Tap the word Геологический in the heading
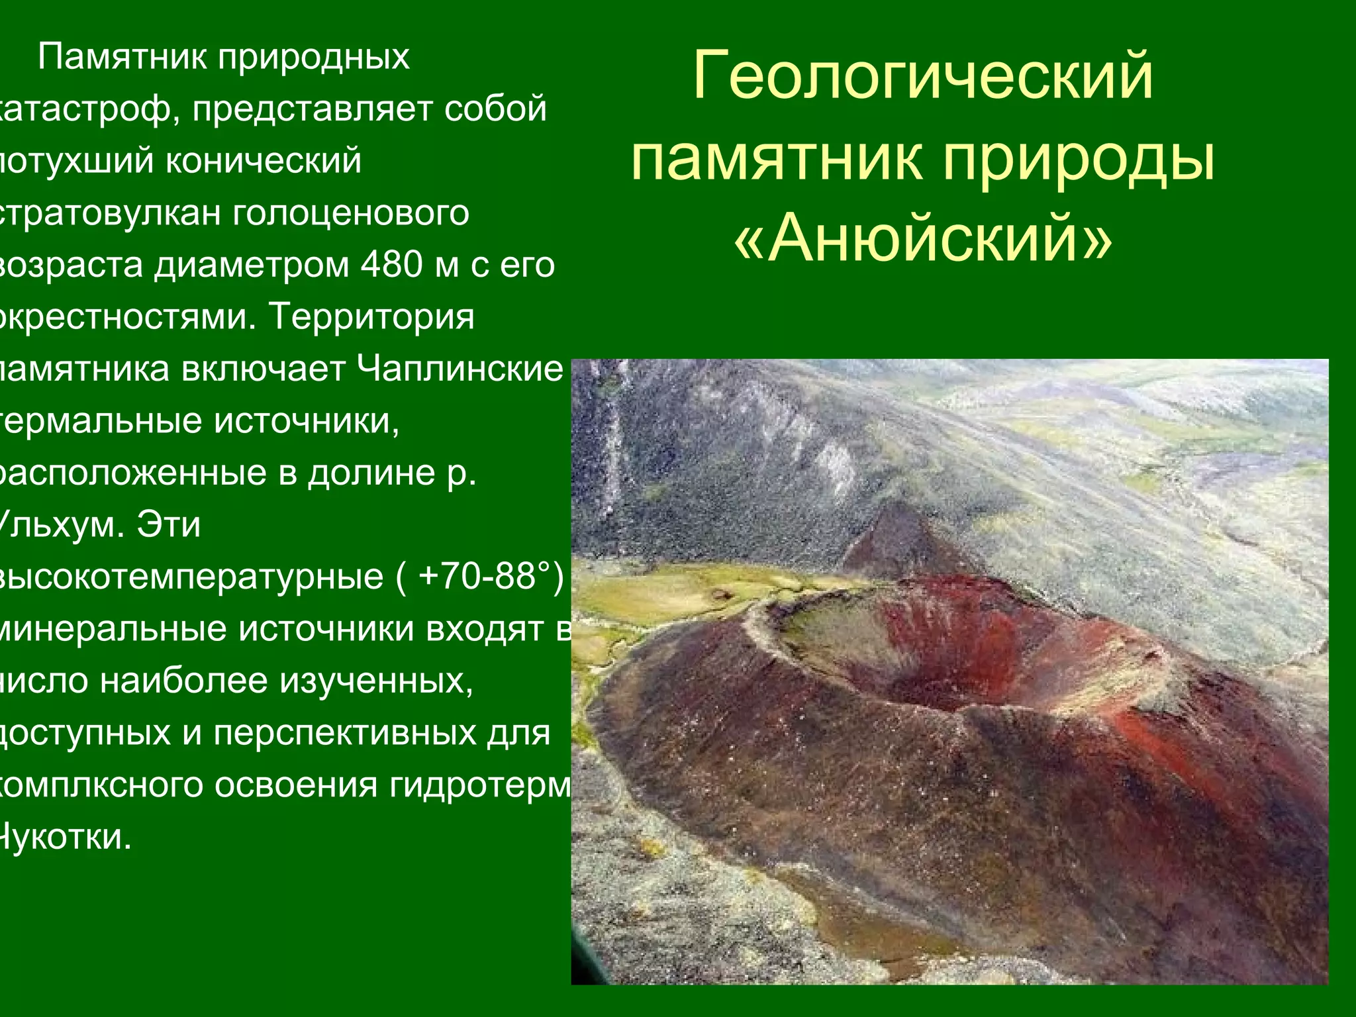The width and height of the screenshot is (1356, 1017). [x=923, y=75]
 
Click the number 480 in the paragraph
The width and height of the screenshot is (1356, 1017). [x=392, y=265]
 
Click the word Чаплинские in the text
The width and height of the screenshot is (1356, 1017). [x=460, y=369]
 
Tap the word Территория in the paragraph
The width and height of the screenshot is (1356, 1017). [x=371, y=316]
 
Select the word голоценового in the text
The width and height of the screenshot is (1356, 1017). [x=351, y=213]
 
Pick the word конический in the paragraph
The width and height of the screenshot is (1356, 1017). [x=263, y=161]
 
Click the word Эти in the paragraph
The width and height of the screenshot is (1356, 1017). [x=168, y=525]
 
